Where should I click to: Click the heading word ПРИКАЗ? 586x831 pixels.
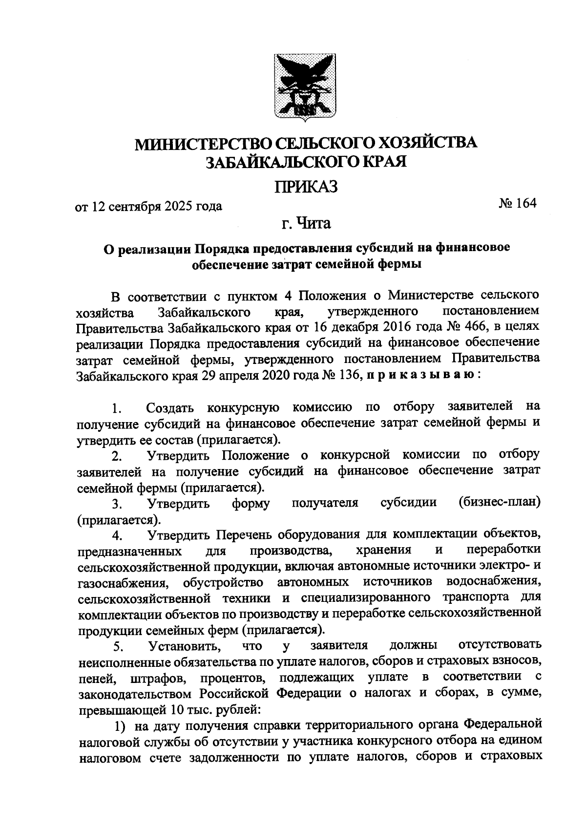(306, 187)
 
